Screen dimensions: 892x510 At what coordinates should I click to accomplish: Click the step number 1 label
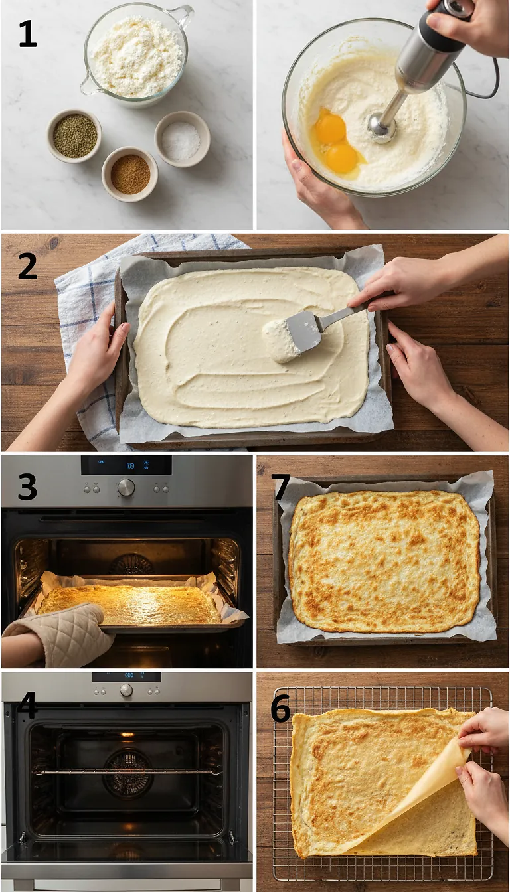tap(27, 35)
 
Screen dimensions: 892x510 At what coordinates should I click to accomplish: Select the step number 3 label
tap(27, 488)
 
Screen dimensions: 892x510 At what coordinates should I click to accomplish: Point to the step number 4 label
tap(27, 705)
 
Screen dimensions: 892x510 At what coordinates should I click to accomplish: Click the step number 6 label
tap(280, 709)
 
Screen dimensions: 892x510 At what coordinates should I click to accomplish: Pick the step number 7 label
tap(280, 488)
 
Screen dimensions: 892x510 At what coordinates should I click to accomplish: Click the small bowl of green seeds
tap(74, 135)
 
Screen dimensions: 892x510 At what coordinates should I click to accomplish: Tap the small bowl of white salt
tap(182, 139)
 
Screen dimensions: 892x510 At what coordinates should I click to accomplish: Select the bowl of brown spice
tap(129, 174)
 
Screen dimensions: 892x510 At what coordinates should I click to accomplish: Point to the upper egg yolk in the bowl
tap(330, 128)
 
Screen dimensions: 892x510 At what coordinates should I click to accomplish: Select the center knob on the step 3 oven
tap(126, 488)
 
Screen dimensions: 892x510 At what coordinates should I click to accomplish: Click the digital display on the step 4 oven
tap(126, 676)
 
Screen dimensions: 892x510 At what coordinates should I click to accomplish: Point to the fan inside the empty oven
tap(127, 773)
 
